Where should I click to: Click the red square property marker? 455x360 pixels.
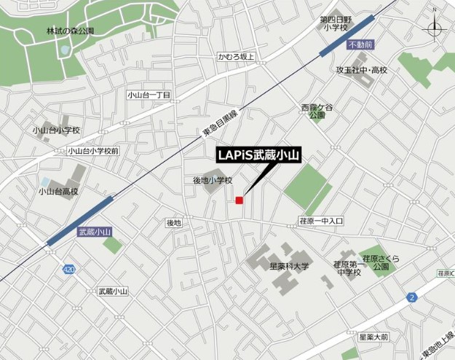coord(239,200)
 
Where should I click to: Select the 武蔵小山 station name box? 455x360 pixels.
coord(95,232)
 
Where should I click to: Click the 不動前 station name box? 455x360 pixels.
coord(360,45)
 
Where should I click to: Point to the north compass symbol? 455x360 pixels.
coord(434,30)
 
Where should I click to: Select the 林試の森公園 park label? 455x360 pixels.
coord(71,31)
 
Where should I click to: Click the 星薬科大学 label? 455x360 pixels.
coord(289,267)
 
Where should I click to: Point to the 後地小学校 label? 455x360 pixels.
coord(212,180)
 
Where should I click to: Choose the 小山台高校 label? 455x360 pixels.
coord(58,192)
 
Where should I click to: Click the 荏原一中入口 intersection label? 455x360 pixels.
coord(321,220)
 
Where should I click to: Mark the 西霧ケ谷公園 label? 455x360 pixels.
coord(316,111)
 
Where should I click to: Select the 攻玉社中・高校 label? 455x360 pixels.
coord(362,70)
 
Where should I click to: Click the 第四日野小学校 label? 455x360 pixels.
coord(336,24)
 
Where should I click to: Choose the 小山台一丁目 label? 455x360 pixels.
coord(148,95)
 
